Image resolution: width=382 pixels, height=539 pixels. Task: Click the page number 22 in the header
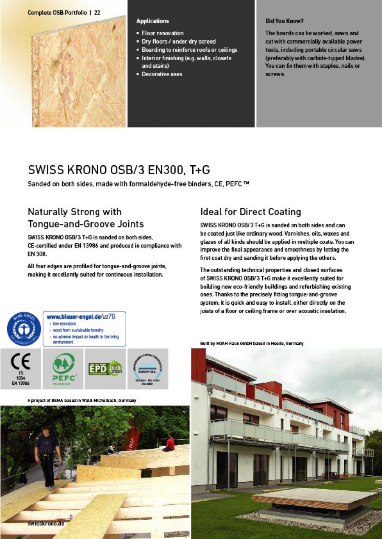coord(97,13)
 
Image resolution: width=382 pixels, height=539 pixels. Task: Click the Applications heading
coord(152,21)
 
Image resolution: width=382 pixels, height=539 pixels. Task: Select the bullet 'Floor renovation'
coord(163,33)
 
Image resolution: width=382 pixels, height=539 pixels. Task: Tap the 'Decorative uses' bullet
coord(162,74)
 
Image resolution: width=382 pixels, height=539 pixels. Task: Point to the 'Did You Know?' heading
coord(284,21)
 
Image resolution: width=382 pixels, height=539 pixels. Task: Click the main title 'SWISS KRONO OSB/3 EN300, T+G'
coord(119,170)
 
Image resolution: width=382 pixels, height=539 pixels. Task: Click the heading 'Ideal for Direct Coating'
coord(250,211)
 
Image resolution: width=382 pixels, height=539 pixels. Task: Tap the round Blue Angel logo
coord(24,328)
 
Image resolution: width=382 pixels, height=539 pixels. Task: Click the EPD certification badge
coord(105,368)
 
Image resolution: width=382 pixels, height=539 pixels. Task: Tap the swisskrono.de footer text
coord(46,524)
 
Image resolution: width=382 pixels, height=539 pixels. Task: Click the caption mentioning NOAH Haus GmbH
coord(251,343)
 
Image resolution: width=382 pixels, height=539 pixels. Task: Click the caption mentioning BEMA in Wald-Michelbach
coord(81,400)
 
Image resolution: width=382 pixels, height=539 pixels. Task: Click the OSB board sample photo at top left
coord(79,72)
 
